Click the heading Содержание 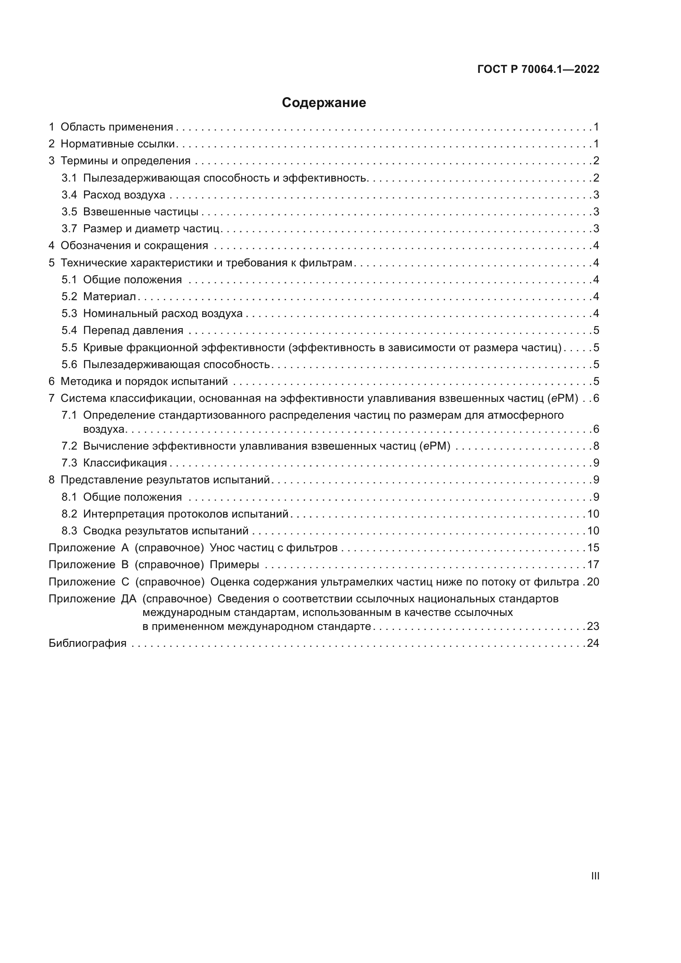click(324, 103)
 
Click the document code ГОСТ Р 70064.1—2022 click(538, 70)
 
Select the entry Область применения click(117, 127)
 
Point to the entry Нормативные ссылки click(117, 144)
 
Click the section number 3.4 click(69, 195)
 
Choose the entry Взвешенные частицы click(140, 212)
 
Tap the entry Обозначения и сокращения click(134, 245)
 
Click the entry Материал click(110, 296)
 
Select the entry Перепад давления click(133, 330)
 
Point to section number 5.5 click(69, 347)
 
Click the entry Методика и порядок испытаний click(144, 381)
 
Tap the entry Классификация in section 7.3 click(125, 463)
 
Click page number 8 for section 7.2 click(596, 446)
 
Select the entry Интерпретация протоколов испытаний click(186, 514)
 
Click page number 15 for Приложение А click(593, 548)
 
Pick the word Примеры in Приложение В click(234, 564)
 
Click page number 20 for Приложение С click(593, 582)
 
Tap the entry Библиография click(88, 643)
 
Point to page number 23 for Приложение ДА click(593, 626)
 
